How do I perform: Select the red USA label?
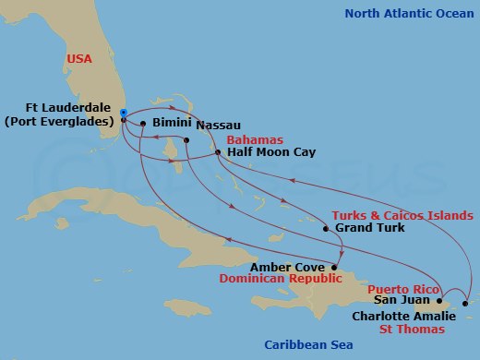click(x=79, y=58)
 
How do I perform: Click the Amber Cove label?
click(x=294, y=267)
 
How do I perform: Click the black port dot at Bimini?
click(x=143, y=123)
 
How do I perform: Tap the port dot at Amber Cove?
click(x=334, y=268)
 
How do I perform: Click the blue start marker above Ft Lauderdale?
click(x=124, y=113)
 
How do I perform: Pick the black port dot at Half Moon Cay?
click(x=218, y=152)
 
